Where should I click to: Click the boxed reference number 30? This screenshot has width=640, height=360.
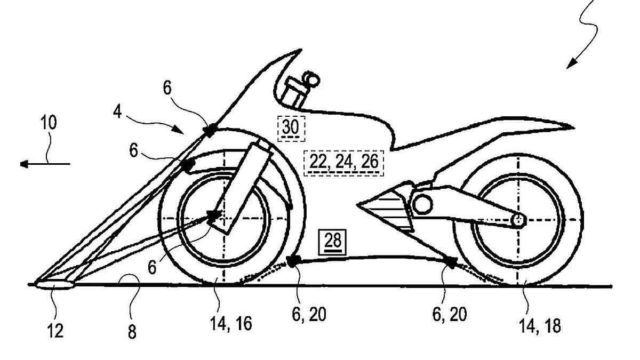[x=291, y=128]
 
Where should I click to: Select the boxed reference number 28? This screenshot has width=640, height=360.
[x=333, y=242]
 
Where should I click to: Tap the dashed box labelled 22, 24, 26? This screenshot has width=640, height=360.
[x=343, y=163]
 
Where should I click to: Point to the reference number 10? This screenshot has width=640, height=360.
[x=49, y=123]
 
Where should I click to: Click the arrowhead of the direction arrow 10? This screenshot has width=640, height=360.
[x=24, y=164]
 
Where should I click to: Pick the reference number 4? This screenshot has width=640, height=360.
[x=117, y=111]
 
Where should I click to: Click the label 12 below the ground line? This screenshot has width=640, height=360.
[x=55, y=331]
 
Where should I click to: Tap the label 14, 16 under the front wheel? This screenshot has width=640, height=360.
[x=231, y=323]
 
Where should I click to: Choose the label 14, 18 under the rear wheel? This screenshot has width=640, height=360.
[x=539, y=326]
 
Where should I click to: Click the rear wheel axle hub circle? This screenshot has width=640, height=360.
[x=518, y=220]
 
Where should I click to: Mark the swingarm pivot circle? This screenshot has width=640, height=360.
[x=422, y=204]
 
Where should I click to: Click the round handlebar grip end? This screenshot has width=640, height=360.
[x=311, y=79]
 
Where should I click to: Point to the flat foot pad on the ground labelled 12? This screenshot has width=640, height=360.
[x=54, y=285]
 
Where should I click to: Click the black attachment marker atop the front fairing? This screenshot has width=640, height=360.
[x=210, y=130]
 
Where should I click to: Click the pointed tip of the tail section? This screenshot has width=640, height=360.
[x=574, y=128]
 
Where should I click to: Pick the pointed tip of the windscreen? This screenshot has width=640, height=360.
[x=301, y=50]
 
